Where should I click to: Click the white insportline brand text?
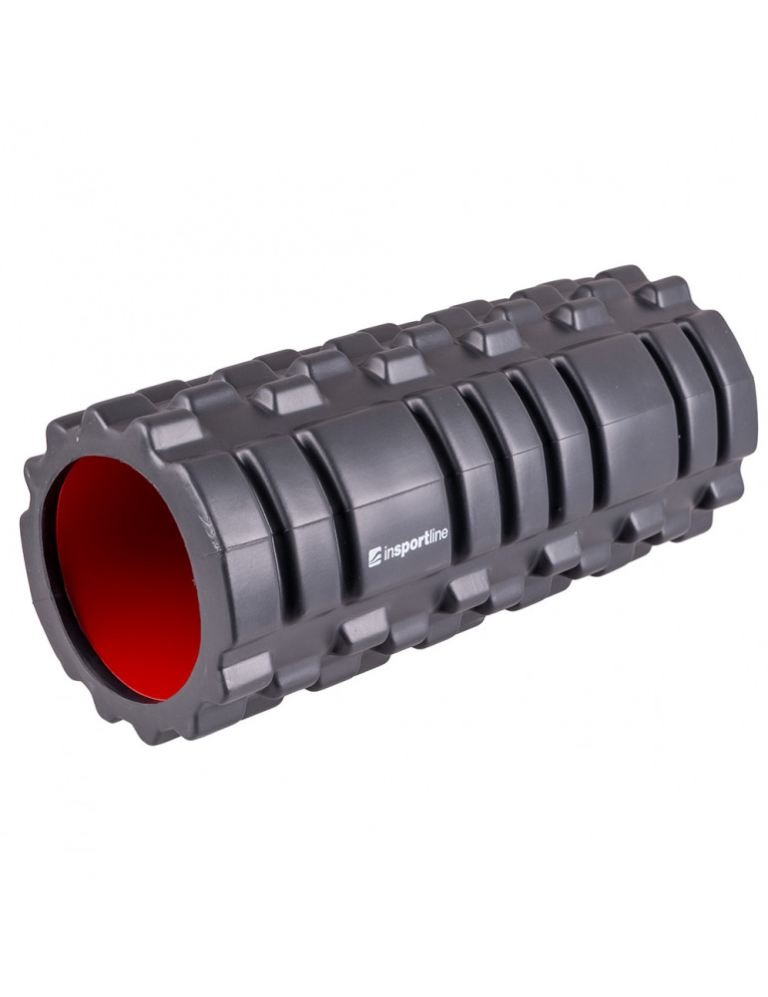(407, 545)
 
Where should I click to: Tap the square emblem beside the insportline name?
(375, 556)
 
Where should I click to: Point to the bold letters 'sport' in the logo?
(409, 545)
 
